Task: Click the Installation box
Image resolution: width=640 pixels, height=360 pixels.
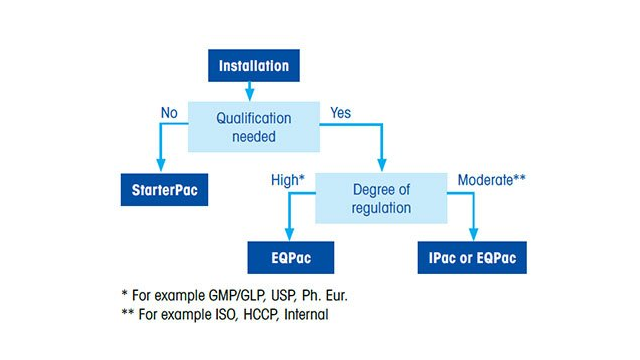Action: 254,67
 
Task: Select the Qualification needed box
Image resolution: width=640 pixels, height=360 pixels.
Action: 254,126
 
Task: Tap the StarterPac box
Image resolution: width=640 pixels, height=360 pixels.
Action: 160,190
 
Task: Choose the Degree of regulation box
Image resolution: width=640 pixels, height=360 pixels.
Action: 381,198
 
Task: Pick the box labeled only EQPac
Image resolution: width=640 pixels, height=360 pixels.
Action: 291,257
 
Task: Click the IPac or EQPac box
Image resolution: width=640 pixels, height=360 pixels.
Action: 471,257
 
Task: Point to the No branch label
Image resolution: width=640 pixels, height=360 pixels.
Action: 169,113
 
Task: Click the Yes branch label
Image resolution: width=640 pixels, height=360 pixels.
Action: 340,113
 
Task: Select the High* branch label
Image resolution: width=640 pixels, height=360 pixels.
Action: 287,180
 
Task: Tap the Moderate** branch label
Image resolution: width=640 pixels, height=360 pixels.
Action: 491,180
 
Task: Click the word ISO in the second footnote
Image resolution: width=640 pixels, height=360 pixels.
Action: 230,315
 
